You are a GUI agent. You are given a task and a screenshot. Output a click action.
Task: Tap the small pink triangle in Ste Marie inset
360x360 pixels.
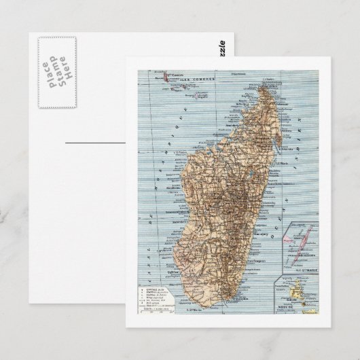(293, 239)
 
